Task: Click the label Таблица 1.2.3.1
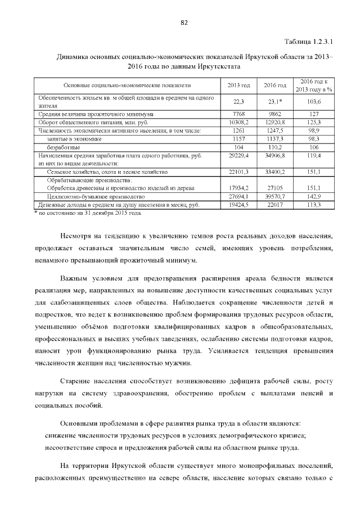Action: [x=309, y=43]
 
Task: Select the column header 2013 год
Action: [x=238, y=85]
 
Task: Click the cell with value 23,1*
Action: [x=275, y=102]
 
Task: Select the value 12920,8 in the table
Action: [x=275, y=122]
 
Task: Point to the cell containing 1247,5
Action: [x=275, y=130]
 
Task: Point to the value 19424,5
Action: [x=238, y=205]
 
